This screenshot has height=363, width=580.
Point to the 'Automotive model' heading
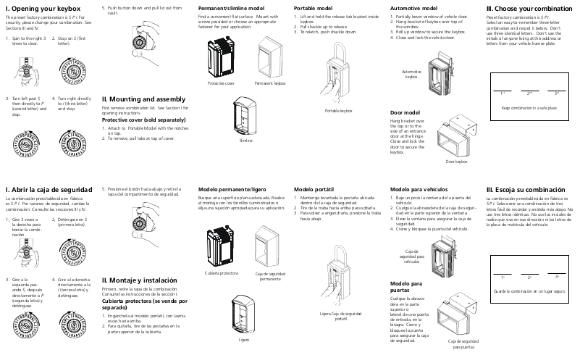(x=413, y=7)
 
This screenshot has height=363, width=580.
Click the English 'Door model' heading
(x=405, y=113)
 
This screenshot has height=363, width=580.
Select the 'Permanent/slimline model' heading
(x=231, y=7)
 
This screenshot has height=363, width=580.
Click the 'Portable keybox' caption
(x=338, y=110)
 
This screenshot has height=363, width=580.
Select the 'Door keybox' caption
(x=456, y=162)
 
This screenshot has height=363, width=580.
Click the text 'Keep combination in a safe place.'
(x=529, y=107)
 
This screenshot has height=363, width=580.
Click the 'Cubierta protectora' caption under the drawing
(x=222, y=273)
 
